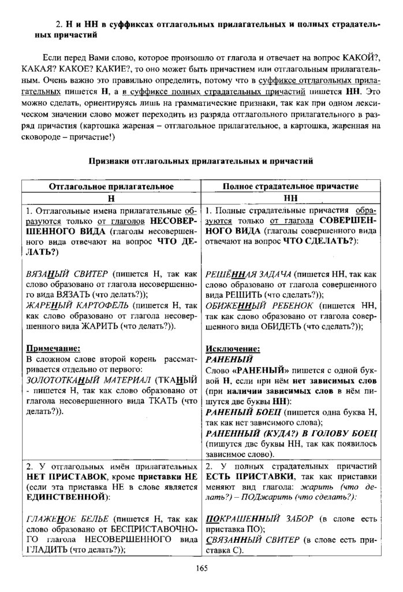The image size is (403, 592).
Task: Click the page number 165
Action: pyautogui.click(x=201, y=568)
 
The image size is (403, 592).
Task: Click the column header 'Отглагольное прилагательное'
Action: pyautogui.click(x=111, y=186)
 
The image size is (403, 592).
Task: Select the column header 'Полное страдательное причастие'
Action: pyautogui.click(x=290, y=186)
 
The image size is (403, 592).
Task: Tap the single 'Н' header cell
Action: pyautogui.click(x=111, y=198)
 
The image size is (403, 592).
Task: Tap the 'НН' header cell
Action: pyautogui.click(x=290, y=198)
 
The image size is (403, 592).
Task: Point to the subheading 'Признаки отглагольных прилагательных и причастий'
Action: pyautogui.click(x=200, y=162)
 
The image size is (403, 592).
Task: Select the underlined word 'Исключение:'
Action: pyautogui.click(x=233, y=348)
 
